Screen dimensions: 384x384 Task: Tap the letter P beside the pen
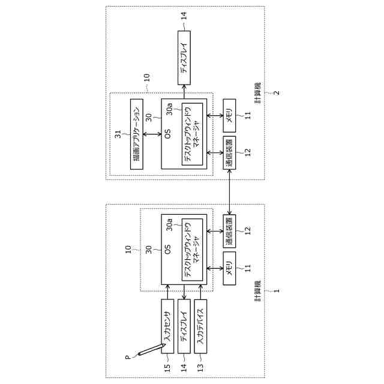coord(127,358)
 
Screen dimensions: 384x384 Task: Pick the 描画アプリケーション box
coord(136,133)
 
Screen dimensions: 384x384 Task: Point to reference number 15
coord(167,367)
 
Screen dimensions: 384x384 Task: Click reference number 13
coord(201,367)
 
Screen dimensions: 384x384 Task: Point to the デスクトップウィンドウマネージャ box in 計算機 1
coord(193,249)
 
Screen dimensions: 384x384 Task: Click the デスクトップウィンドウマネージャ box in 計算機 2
coord(193,133)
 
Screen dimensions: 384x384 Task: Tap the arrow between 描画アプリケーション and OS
coord(152,133)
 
